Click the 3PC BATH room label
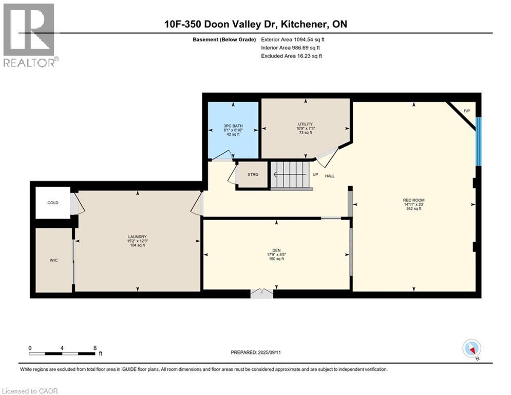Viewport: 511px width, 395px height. tap(233, 126)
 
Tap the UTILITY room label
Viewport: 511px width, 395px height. tap(305, 124)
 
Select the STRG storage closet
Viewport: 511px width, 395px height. tap(253, 175)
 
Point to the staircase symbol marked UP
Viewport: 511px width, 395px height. tap(291, 175)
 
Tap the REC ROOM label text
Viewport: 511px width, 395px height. tap(413, 200)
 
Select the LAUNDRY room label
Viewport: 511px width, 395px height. tap(137, 237)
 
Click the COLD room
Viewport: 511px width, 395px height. tap(53, 203)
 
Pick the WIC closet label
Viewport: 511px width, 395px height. tap(53, 260)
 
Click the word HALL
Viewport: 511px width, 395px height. tap(330, 176)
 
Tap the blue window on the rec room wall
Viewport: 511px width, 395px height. tap(478, 141)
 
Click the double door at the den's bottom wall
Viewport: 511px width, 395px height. tap(262, 293)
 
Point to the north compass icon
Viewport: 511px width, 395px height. tap(471, 349)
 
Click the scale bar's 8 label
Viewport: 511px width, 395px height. tap(94, 348)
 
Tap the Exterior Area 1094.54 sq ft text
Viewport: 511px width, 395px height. tap(293, 39)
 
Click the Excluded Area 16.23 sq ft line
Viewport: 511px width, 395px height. tap(291, 56)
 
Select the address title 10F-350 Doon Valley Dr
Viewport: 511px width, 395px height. tap(256, 24)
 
